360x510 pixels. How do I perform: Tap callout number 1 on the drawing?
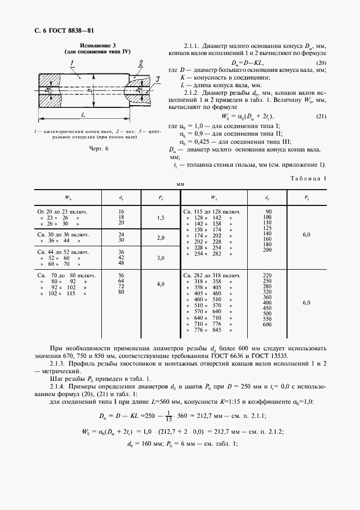pos(72,64)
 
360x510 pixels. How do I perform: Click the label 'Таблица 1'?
pos(309,178)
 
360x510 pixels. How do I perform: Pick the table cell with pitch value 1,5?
pos(161,217)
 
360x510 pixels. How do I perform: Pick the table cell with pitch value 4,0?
pos(161,284)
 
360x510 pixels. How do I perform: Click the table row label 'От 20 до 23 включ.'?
pos(63,211)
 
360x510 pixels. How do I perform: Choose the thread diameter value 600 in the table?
pos(267,325)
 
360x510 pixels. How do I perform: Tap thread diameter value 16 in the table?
pos(121,211)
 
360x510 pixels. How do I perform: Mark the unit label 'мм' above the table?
pos(180,185)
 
